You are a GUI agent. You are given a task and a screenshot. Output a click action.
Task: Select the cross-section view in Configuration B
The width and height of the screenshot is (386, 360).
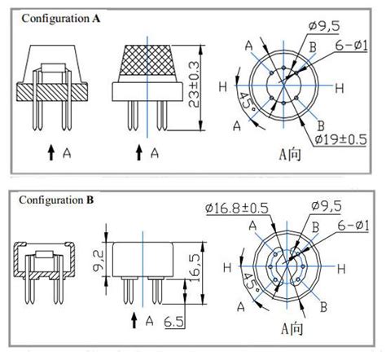38,267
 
